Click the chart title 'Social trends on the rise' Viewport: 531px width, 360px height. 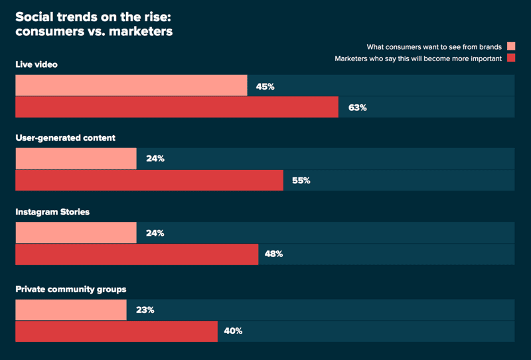(94, 24)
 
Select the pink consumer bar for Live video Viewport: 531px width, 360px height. (131, 86)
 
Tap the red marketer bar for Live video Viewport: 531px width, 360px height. (177, 107)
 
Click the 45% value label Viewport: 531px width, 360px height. (265, 87)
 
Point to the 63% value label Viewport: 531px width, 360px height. (358, 108)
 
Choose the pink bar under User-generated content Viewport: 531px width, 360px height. (76, 159)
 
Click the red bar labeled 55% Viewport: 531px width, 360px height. (149, 181)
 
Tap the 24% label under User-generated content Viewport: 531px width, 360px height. (155, 159)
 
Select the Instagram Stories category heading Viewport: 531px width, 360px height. (52, 212)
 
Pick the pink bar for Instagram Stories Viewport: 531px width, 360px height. (76, 232)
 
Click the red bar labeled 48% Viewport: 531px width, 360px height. (137, 254)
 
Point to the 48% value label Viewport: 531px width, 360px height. (273, 254)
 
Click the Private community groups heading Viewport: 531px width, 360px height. (71, 290)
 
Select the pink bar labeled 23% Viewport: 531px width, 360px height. (71, 310)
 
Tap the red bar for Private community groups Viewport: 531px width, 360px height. (117, 331)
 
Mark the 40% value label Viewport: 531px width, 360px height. (233, 331)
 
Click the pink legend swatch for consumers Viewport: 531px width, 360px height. (511, 46)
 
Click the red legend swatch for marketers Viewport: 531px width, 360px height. (511, 58)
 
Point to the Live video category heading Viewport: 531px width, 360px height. (37, 64)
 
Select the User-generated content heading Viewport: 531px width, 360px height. (65, 138)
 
